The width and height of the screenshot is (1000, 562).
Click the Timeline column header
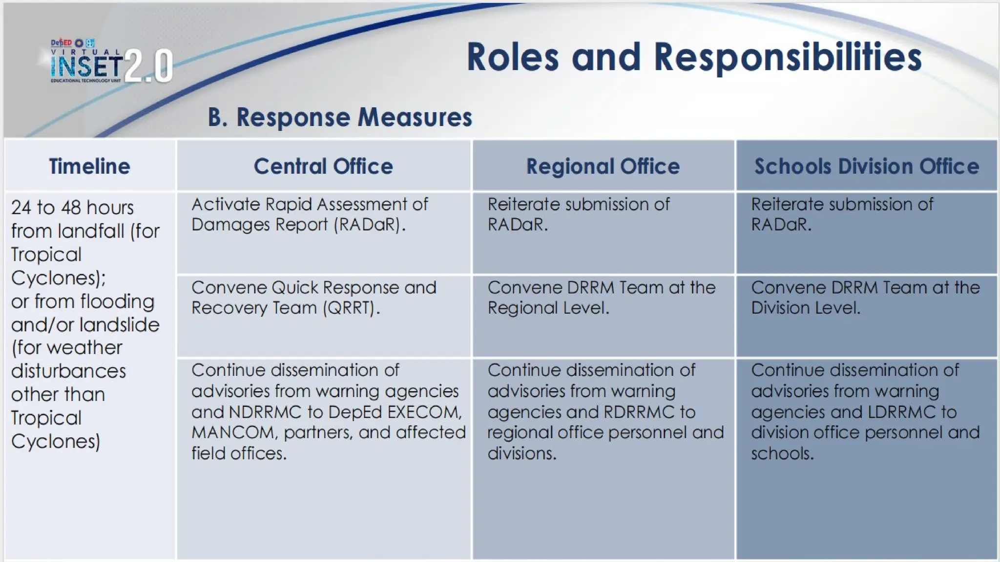(x=89, y=166)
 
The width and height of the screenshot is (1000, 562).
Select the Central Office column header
(x=323, y=166)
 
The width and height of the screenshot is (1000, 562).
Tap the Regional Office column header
(x=603, y=166)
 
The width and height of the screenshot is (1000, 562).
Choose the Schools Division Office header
(x=867, y=166)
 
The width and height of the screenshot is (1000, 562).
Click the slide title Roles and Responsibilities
(x=694, y=57)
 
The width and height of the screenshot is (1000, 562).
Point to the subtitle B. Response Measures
(x=340, y=117)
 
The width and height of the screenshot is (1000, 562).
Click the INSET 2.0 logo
(x=111, y=63)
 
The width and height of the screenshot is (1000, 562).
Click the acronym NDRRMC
(x=265, y=412)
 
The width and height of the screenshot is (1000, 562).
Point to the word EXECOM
(x=424, y=412)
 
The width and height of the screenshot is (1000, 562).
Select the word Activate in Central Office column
(x=225, y=204)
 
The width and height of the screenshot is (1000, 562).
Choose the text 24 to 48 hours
(x=72, y=208)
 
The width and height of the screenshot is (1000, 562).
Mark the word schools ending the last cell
(x=782, y=454)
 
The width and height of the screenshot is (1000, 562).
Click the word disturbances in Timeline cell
(x=68, y=371)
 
